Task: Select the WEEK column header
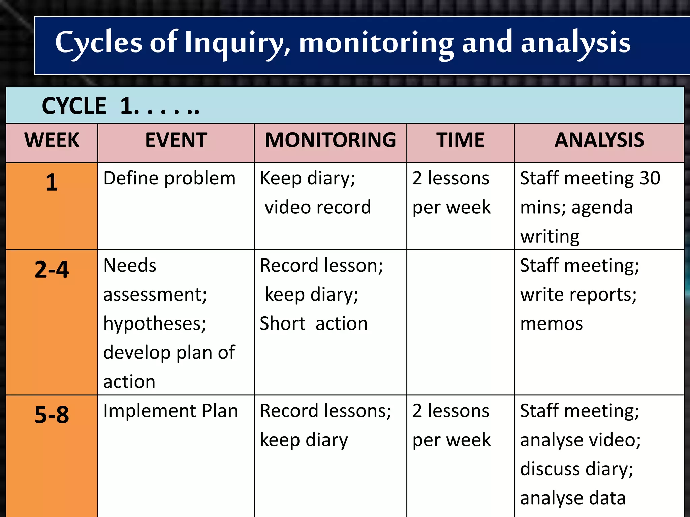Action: [52, 140]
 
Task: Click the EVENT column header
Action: [176, 140]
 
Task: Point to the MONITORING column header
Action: [330, 140]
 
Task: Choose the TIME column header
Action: [460, 140]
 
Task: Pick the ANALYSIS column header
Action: [599, 140]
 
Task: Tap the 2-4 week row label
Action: [52, 270]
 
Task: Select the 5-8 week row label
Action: [52, 415]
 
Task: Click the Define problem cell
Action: [169, 178]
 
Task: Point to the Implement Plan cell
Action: [170, 411]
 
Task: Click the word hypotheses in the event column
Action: [155, 324]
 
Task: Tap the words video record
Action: [317, 207]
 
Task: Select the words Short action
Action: [313, 324]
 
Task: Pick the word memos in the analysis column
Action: [551, 324]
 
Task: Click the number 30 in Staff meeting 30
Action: [650, 178]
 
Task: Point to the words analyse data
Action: [572, 498]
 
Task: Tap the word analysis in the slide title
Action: [575, 43]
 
